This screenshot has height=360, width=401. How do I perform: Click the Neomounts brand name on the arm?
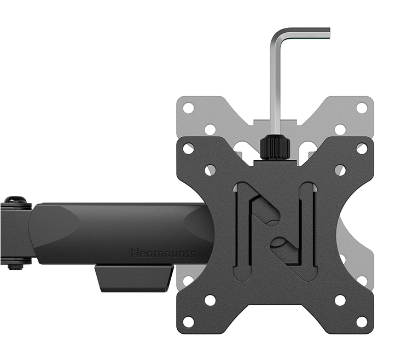pos(163,253)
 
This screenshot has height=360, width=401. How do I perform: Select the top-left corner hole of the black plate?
pos(189,148)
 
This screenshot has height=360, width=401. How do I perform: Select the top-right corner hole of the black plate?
pos(362,148)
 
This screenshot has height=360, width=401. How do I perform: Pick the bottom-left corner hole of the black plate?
pos(189,322)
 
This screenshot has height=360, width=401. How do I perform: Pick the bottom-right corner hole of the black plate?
pos(362,322)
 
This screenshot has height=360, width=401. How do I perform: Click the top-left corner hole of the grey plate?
pos(189,108)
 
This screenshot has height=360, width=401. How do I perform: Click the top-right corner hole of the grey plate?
pos(362,108)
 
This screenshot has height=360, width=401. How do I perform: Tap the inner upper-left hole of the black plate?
pos(210,170)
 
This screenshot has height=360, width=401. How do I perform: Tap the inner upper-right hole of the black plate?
pos(340,170)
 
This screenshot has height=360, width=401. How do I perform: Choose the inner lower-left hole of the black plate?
pos(210,300)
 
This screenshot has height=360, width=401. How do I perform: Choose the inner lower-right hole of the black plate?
pos(340,300)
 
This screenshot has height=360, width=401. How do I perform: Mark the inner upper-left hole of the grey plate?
pos(210,130)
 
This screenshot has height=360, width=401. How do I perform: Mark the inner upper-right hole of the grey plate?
pos(340,130)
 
